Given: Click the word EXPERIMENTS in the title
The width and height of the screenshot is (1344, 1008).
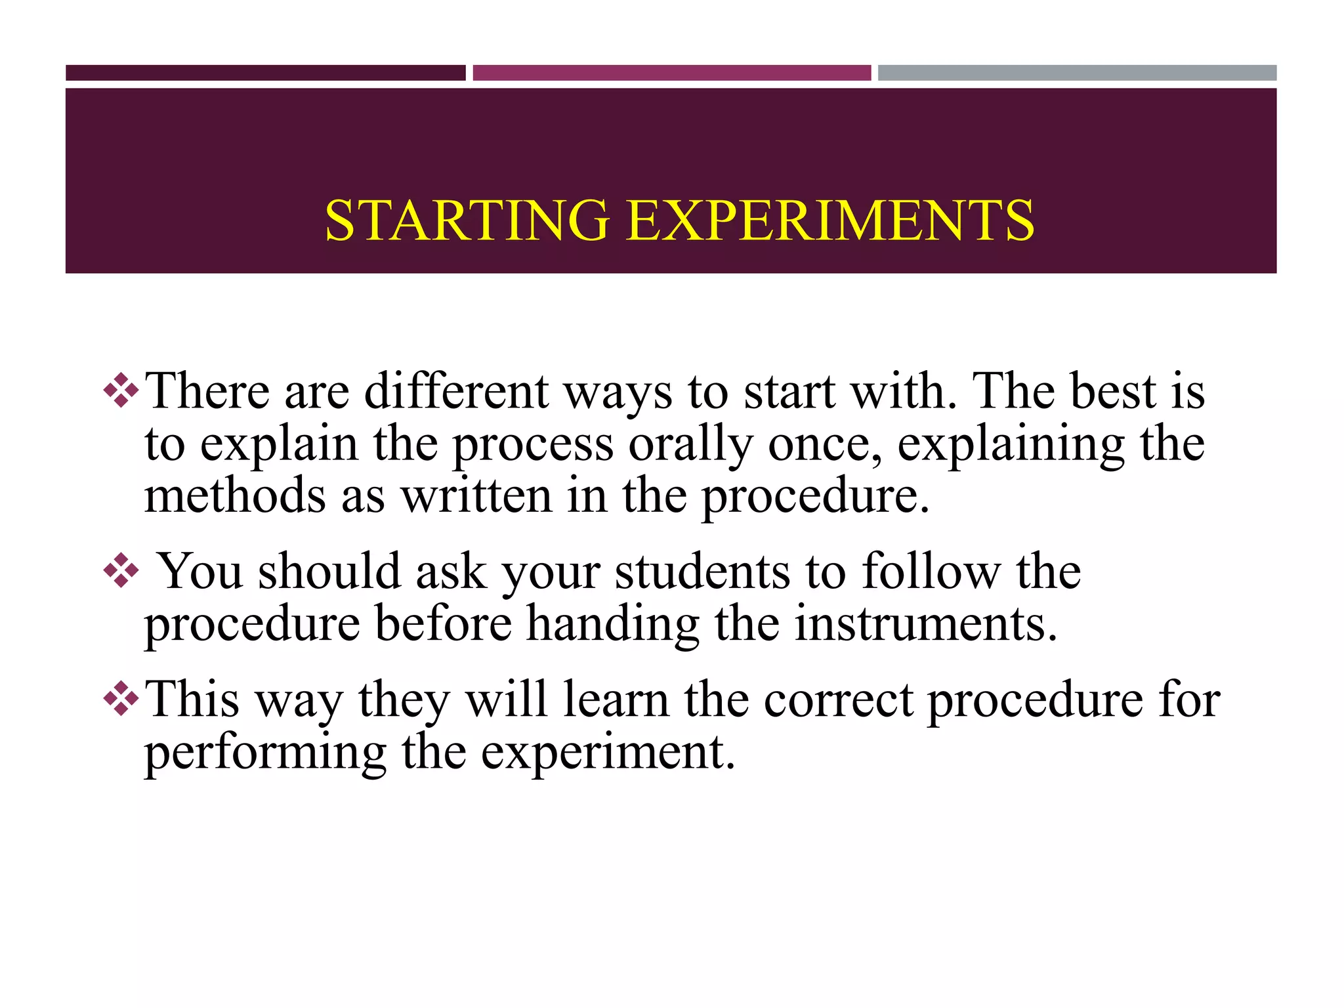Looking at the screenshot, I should tap(830, 220).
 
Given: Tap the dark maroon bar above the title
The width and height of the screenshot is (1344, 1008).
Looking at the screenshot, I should tap(265, 73).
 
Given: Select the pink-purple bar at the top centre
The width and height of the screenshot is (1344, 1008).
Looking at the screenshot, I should tap(671, 73).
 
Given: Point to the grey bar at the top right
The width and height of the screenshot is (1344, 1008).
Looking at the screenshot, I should tap(1077, 73).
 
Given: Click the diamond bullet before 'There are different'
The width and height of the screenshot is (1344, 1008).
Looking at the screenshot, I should tap(121, 390).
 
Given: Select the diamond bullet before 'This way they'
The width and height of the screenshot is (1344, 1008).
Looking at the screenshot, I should tap(121, 698).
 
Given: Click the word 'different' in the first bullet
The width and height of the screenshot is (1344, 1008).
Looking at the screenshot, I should tap(456, 392).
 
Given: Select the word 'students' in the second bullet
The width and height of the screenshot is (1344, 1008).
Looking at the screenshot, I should tap(702, 572).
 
